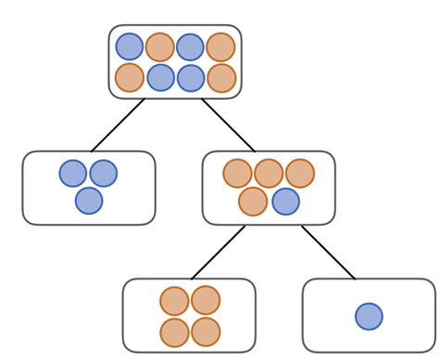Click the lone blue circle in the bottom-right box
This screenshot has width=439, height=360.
pyautogui.click(x=369, y=317)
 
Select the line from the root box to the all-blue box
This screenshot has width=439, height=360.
pyautogui.click(x=119, y=124)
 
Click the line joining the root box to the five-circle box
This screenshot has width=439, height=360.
pyautogui.click(x=228, y=124)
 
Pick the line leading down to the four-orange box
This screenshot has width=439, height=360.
pyautogui.click(x=219, y=252)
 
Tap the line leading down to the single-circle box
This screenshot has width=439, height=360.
pyautogui.click(x=328, y=252)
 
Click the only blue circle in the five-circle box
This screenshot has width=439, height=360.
pyautogui.click(x=285, y=201)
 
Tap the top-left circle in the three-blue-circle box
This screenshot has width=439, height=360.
pyautogui.click(x=73, y=174)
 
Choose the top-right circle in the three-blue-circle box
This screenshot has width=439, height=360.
pyautogui.click(x=103, y=174)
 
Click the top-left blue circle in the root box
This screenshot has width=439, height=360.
pyautogui.click(x=130, y=47)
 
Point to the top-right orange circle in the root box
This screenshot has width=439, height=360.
pyautogui.click(x=220, y=47)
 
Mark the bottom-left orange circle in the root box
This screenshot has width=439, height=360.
pyautogui.click(x=130, y=78)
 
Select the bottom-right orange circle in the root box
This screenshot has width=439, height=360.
pyautogui.click(x=220, y=78)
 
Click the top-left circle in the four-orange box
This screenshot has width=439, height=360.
pyautogui.click(x=174, y=301)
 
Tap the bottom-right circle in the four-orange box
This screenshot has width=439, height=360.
pyautogui.click(x=205, y=331)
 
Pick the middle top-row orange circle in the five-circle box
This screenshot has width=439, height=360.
pyautogui.click(x=269, y=173)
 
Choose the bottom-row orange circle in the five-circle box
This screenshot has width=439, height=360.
pyautogui.click(x=253, y=201)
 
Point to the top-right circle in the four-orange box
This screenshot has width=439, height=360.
pyautogui.click(x=205, y=301)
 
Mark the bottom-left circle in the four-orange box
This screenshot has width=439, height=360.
pyautogui.click(x=174, y=331)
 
